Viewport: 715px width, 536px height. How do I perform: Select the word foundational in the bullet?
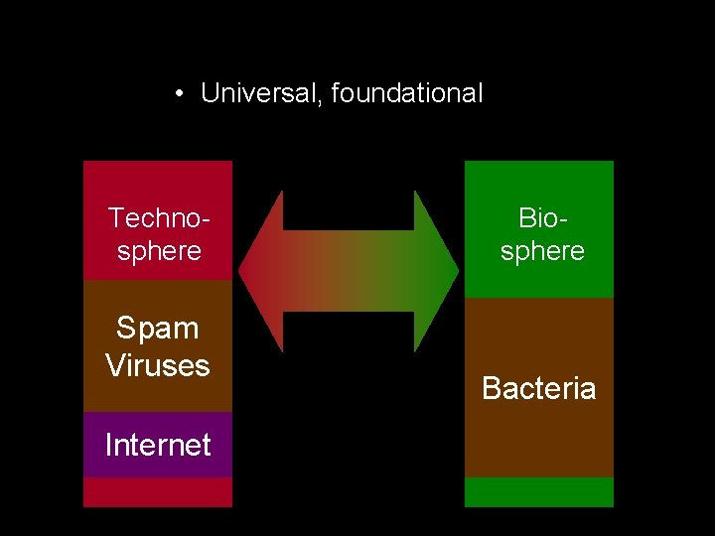click(x=407, y=94)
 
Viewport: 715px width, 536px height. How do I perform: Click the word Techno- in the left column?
click(x=159, y=217)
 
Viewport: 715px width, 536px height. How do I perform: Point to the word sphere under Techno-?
click(x=159, y=251)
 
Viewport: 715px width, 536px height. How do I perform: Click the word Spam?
click(x=158, y=329)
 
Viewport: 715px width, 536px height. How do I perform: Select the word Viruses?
click(x=158, y=365)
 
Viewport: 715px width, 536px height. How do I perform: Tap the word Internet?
click(x=158, y=445)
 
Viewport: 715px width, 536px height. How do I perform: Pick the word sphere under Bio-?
click(x=542, y=251)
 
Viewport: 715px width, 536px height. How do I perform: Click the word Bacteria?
click(x=539, y=388)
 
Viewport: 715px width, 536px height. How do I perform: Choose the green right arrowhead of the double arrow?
click(x=437, y=271)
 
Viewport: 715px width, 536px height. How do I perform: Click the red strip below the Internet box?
click(x=158, y=492)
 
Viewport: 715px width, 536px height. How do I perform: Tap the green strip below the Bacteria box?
click(x=539, y=492)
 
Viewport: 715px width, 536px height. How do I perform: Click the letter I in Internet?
click(x=108, y=445)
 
